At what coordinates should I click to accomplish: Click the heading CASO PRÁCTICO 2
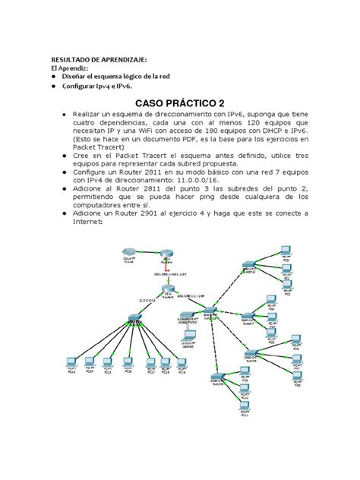(179, 103)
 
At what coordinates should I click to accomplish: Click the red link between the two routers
(169, 269)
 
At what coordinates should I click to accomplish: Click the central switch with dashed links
(209, 311)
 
